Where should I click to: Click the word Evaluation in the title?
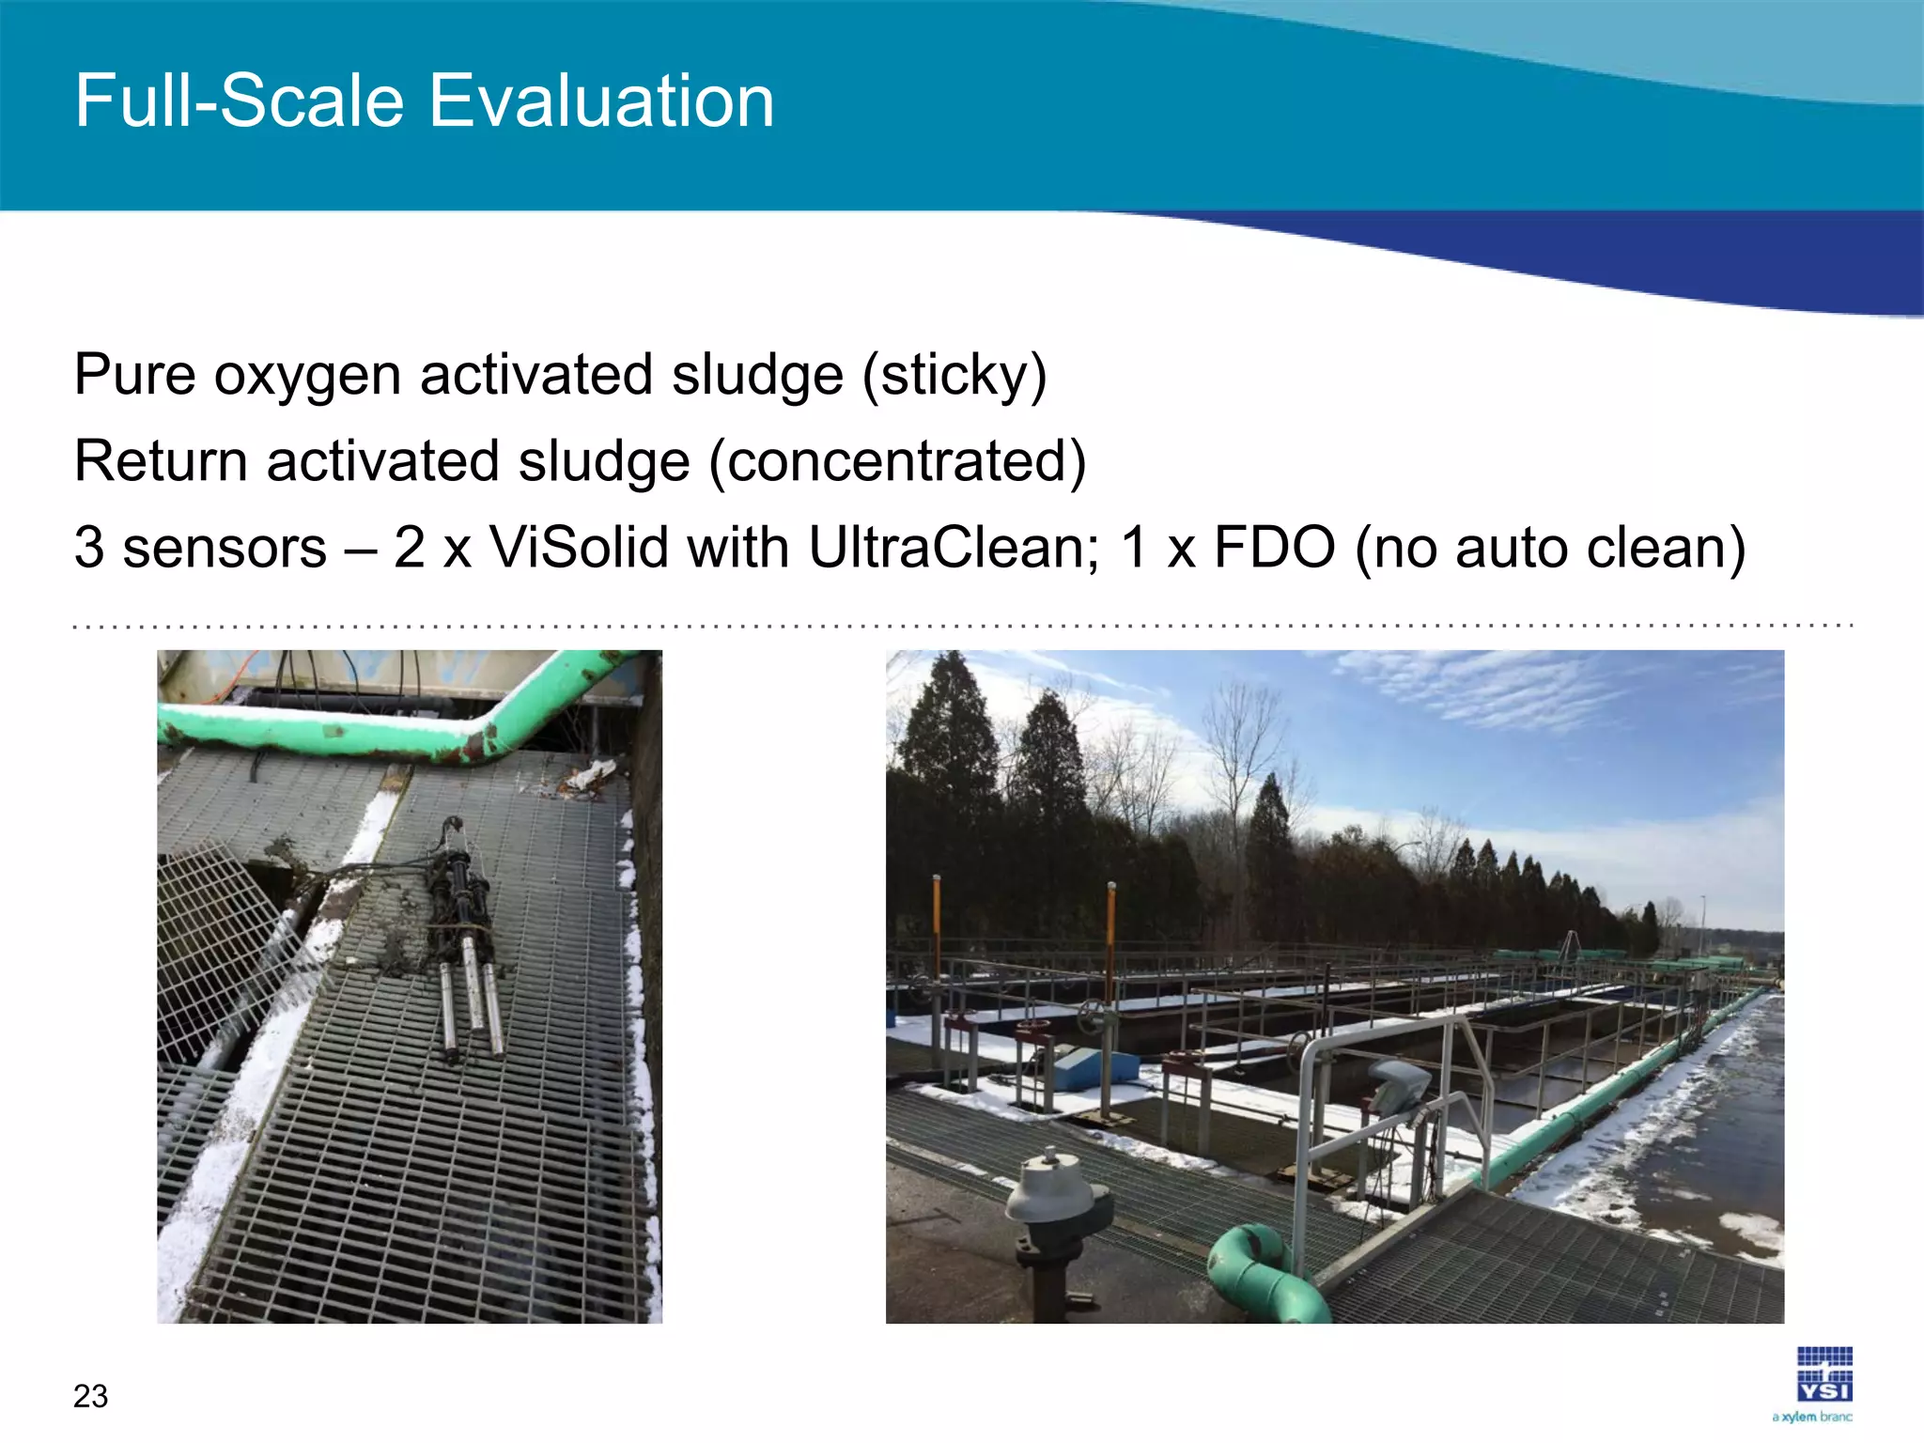coord(601,101)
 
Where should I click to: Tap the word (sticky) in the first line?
coord(954,376)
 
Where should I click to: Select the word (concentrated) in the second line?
coord(897,462)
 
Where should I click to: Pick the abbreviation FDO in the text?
coord(1274,548)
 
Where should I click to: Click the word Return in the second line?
coord(161,462)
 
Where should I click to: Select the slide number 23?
coord(91,1396)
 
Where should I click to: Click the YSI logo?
coord(1824,1375)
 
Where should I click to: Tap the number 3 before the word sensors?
coord(89,548)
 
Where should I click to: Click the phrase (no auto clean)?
coord(1550,548)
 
